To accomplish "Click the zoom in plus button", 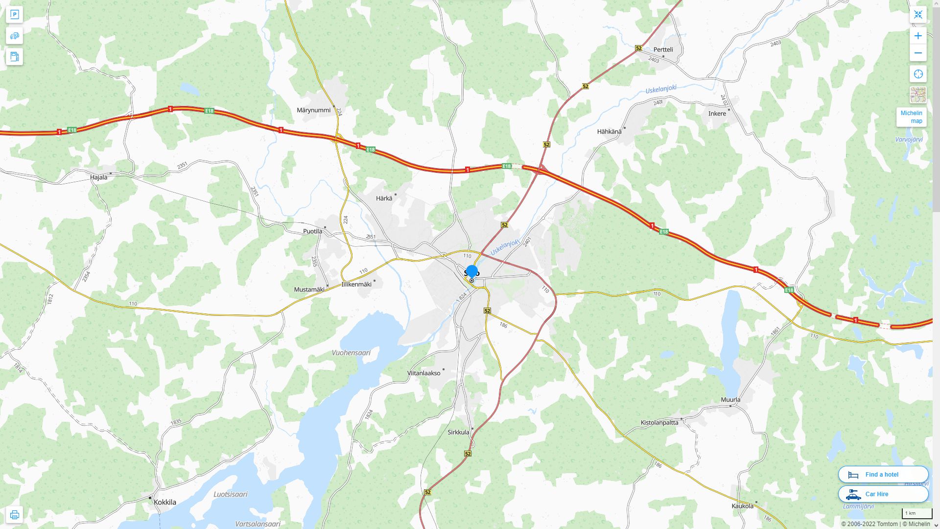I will click(918, 36).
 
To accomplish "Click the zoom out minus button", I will click(918, 53).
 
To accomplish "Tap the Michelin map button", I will click(911, 117).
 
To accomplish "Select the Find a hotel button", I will click(883, 474).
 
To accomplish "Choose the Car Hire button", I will click(883, 494).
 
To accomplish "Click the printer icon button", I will click(14, 514).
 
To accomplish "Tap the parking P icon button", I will click(14, 15).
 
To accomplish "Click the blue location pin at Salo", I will click(472, 272).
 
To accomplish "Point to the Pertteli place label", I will click(663, 49).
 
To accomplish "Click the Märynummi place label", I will click(313, 110).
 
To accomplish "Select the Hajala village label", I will click(98, 177).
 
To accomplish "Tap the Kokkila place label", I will click(164, 502).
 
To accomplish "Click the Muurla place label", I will click(730, 400).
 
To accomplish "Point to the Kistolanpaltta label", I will click(659, 422).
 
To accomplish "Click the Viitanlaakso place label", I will click(423, 373).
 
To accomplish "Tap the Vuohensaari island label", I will click(351, 353).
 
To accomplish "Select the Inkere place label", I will click(717, 114).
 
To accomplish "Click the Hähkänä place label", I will click(609, 131).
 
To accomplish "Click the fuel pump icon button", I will click(14, 57).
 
